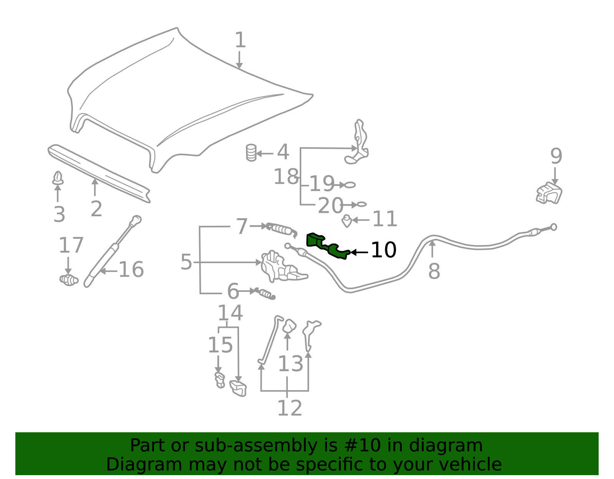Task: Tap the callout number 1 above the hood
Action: tap(240, 40)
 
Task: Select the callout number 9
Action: tap(556, 156)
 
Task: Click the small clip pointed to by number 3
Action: tap(58, 178)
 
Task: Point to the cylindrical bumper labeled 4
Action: tap(251, 153)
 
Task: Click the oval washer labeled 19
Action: tap(350, 185)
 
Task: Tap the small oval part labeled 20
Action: tap(361, 204)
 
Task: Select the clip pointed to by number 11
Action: tap(347, 221)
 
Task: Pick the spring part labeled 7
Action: tap(281, 229)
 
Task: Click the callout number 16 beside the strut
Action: tap(131, 270)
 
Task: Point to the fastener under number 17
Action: tap(69, 280)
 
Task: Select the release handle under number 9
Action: tap(549, 193)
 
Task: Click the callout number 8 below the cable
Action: tap(434, 271)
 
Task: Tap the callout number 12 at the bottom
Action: tap(290, 408)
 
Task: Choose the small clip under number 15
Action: tap(220, 380)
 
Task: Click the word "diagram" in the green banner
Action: tap(446, 446)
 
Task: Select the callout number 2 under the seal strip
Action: tap(96, 209)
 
